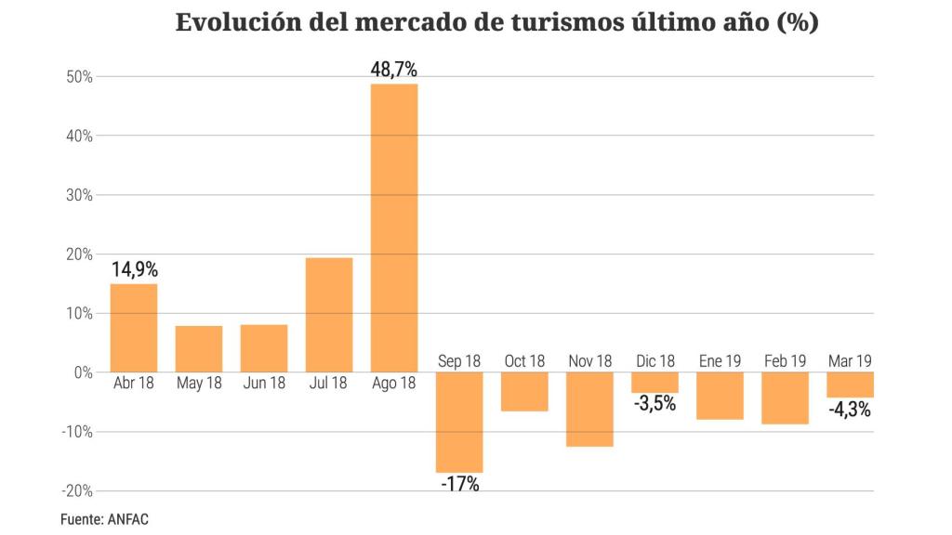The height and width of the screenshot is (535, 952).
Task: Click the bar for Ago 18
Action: [x=394, y=228]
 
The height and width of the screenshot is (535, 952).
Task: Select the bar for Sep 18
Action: [x=459, y=423]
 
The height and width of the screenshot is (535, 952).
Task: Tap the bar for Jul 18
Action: [x=329, y=315]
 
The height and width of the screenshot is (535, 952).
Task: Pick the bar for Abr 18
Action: [x=134, y=328]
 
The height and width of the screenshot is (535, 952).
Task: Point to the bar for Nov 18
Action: [x=589, y=410]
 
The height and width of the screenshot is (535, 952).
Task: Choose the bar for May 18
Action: [x=199, y=348]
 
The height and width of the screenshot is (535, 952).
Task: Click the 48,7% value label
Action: [x=394, y=70]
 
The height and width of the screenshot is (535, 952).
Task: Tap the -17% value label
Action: [x=459, y=484]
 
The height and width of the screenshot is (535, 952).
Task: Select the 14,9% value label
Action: [x=135, y=269]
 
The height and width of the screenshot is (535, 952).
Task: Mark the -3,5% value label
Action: [x=654, y=404]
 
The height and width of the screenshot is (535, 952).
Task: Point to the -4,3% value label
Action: [x=849, y=408]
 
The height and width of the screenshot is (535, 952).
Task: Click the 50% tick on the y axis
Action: [x=79, y=77]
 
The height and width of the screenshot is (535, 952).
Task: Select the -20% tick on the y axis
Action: [x=76, y=490]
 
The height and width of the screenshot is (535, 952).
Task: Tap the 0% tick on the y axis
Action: [x=82, y=372]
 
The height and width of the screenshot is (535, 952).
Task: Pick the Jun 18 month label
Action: [x=264, y=383]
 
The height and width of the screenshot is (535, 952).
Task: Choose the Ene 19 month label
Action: [x=720, y=361]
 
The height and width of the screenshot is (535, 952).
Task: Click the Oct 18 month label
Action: [x=524, y=361]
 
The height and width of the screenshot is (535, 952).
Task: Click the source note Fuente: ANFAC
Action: [x=104, y=519]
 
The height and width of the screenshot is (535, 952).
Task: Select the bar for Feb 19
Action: [x=785, y=398]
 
